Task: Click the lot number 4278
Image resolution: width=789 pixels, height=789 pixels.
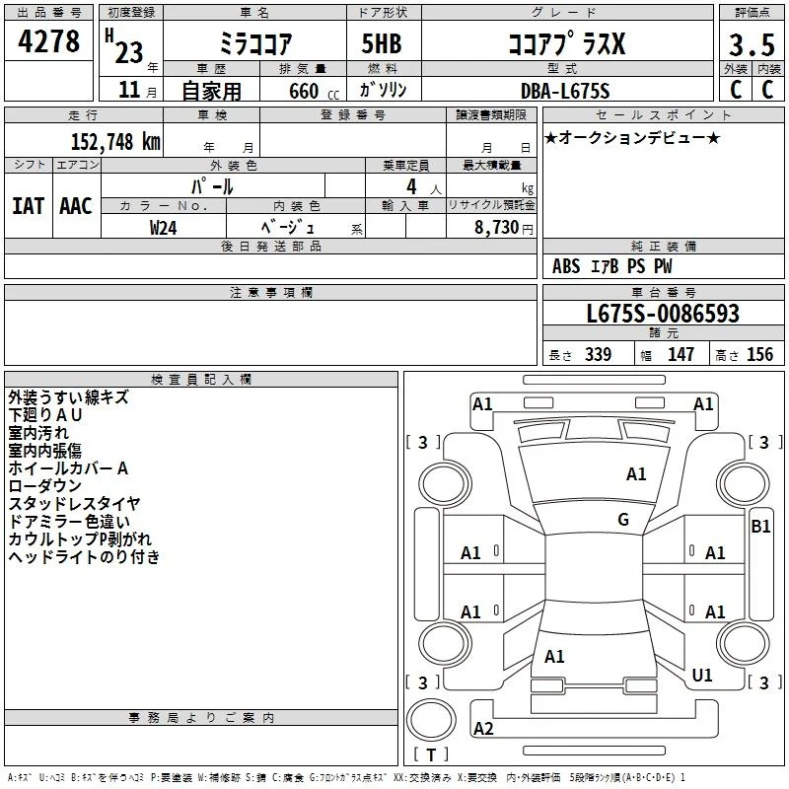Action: (48, 41)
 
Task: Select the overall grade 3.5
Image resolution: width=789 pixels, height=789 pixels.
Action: (752, 45)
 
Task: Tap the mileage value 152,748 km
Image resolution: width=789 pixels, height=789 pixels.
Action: (115, 141)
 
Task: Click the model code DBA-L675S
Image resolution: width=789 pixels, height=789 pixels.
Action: (565, 91)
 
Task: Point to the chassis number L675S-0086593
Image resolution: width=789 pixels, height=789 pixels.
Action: (663, 313)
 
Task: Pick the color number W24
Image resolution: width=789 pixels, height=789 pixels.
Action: (163, 228)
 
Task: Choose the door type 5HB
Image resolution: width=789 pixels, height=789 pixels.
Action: (382, 43)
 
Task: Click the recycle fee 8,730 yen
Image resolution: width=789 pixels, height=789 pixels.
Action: (504, 228)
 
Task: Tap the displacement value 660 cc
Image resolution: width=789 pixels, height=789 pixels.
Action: (314, 91)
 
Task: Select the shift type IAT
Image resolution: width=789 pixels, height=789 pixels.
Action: (29, 206)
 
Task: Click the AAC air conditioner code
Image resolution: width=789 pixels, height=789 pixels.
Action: (76, 206)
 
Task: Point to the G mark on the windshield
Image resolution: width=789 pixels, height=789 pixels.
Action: (623, 520)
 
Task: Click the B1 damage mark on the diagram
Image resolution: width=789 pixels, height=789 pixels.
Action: (760, 527)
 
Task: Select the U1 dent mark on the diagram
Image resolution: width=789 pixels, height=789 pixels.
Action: (702, 675)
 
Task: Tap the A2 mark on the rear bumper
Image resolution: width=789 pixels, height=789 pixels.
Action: (483, 728)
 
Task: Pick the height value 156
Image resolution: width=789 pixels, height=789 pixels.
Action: (759, 354)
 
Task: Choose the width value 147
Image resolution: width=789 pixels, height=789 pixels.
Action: (681, 354)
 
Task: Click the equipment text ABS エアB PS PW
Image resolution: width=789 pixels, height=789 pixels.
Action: (611, 265)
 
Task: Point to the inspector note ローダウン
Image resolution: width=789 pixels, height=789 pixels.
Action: (44, 485)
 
